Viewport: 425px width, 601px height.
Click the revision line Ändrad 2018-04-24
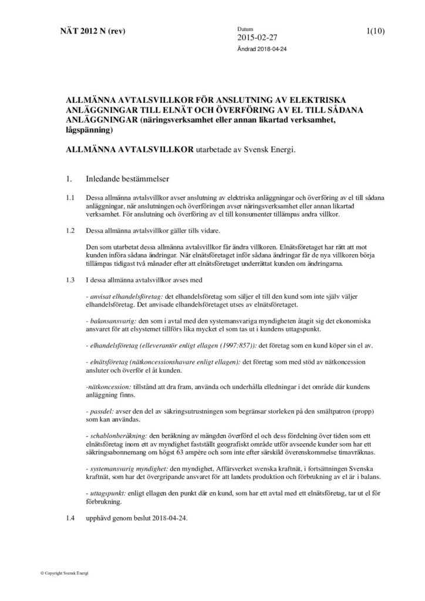pos(262,49)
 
